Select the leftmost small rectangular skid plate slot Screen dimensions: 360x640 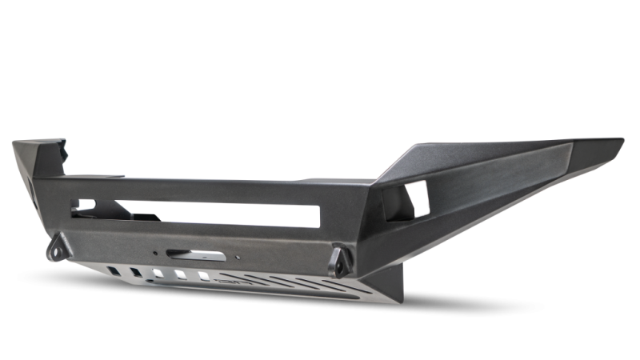[x=118, y=271]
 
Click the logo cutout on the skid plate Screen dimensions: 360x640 [x=237, y=282]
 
